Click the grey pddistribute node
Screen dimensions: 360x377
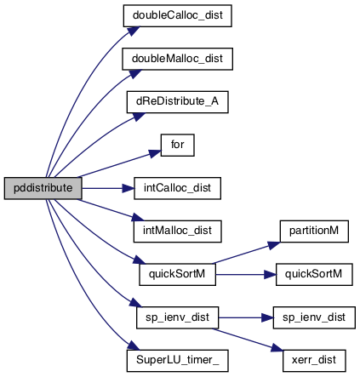pos(43,188)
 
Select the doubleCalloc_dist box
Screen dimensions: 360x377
pos(177,15)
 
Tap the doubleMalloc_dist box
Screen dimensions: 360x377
pos(177,59)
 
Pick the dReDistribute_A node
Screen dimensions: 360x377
pos(177,102)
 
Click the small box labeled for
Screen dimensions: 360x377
pos(178,145)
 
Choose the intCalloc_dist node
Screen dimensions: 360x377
pos(177,188)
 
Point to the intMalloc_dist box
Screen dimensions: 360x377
pos(177,231)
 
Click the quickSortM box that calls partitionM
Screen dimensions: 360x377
pos(177,274)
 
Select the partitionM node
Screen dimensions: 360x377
pos(314,231)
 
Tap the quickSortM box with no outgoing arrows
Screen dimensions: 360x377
pos(314,274)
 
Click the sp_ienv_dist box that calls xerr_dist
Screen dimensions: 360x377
pos(177,317)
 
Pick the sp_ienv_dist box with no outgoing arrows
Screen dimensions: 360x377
pos(314,317)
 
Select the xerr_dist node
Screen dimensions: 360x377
pos(314,361)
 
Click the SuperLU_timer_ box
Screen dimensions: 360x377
pos(177,361)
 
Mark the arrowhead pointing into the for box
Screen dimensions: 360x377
pos(155,153)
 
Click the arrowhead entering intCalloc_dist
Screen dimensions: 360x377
pos(128,188)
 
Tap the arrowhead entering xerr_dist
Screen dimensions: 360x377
pos(277,347)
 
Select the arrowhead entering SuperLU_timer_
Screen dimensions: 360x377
pos(133,346)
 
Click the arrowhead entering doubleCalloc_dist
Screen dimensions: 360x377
pos(133,31)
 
